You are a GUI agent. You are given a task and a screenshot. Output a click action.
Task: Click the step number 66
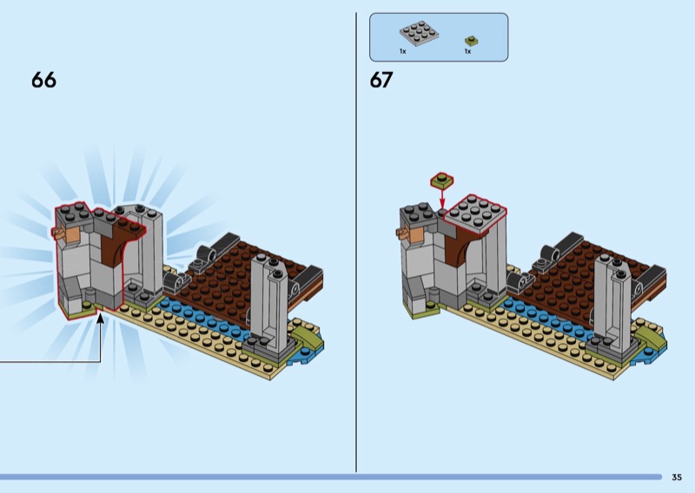[x=44, y=80]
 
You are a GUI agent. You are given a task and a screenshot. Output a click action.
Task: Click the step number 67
[x=381, y=80]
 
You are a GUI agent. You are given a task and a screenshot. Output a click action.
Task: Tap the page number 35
[x=677, y=477]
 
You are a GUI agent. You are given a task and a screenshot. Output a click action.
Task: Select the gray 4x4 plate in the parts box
[x=420, y=33]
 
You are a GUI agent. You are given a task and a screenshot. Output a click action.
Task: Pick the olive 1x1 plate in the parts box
[x=472, y=41]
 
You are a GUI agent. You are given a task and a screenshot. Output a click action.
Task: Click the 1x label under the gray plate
[x=402, y=51]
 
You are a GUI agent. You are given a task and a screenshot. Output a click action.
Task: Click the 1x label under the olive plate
[x=467, y=51]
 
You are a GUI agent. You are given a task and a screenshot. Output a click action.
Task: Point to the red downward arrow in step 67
[x=442, y=198]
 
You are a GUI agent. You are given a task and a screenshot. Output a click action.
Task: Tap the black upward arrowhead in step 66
[x=101, y=318]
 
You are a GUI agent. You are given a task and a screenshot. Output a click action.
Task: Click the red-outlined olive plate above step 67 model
[x=442, y=181]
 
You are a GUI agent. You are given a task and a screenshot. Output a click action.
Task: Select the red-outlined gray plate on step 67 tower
[x=475, y=213]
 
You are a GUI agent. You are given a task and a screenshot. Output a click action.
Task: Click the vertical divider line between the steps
[x=356, y=242]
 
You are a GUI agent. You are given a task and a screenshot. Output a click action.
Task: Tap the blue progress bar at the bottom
[x=331, y=477]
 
